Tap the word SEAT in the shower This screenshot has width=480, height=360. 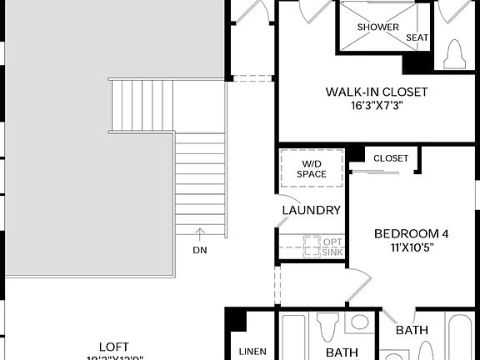tap(417, 38)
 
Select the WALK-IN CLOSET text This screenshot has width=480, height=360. tap(376, 92)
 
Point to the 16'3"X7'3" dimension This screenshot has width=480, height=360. tap(376, 106)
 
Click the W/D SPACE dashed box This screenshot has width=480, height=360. tap(312, 167)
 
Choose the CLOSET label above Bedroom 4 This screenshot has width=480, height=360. tap(391, 158)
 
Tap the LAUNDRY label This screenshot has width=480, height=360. tap(311, 211)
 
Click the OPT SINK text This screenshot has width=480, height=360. tap(332, 247)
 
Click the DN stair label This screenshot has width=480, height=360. tap(199, 250)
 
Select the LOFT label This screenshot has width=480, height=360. tap(114, 347)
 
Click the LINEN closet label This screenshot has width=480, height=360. tap(252, 352)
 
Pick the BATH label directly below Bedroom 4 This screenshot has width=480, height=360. tap(412, 331)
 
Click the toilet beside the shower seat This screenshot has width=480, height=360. tap(455, 54)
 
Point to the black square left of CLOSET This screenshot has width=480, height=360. tap(356, 153)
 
